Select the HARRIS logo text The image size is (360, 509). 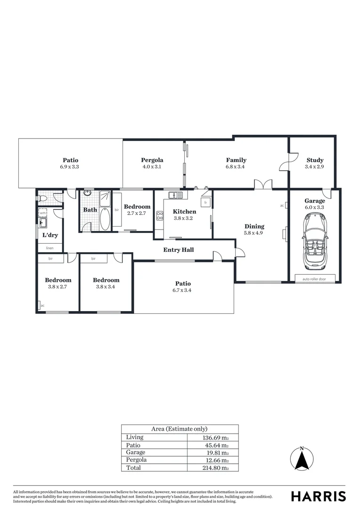tap(318, 496)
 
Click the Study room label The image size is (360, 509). tap(314, 160)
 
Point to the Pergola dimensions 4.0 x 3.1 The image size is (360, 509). tap(152, 167)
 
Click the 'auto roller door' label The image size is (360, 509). tap(314, 279)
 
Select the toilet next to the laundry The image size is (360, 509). tap(42, 199)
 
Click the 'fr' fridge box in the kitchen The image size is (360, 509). tap(205, 202)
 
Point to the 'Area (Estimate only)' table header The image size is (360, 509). tap(179, 429)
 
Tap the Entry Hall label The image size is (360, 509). tap(179, 250)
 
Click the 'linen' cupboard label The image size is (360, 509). tap(49, 247)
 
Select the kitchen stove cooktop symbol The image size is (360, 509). tap(160, 216)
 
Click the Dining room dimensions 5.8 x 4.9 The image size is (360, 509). tap(254, 233)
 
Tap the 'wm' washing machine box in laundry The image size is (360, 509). tap(43, 213)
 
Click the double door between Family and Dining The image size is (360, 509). tap(262, 184)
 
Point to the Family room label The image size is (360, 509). tap(236, 160)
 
